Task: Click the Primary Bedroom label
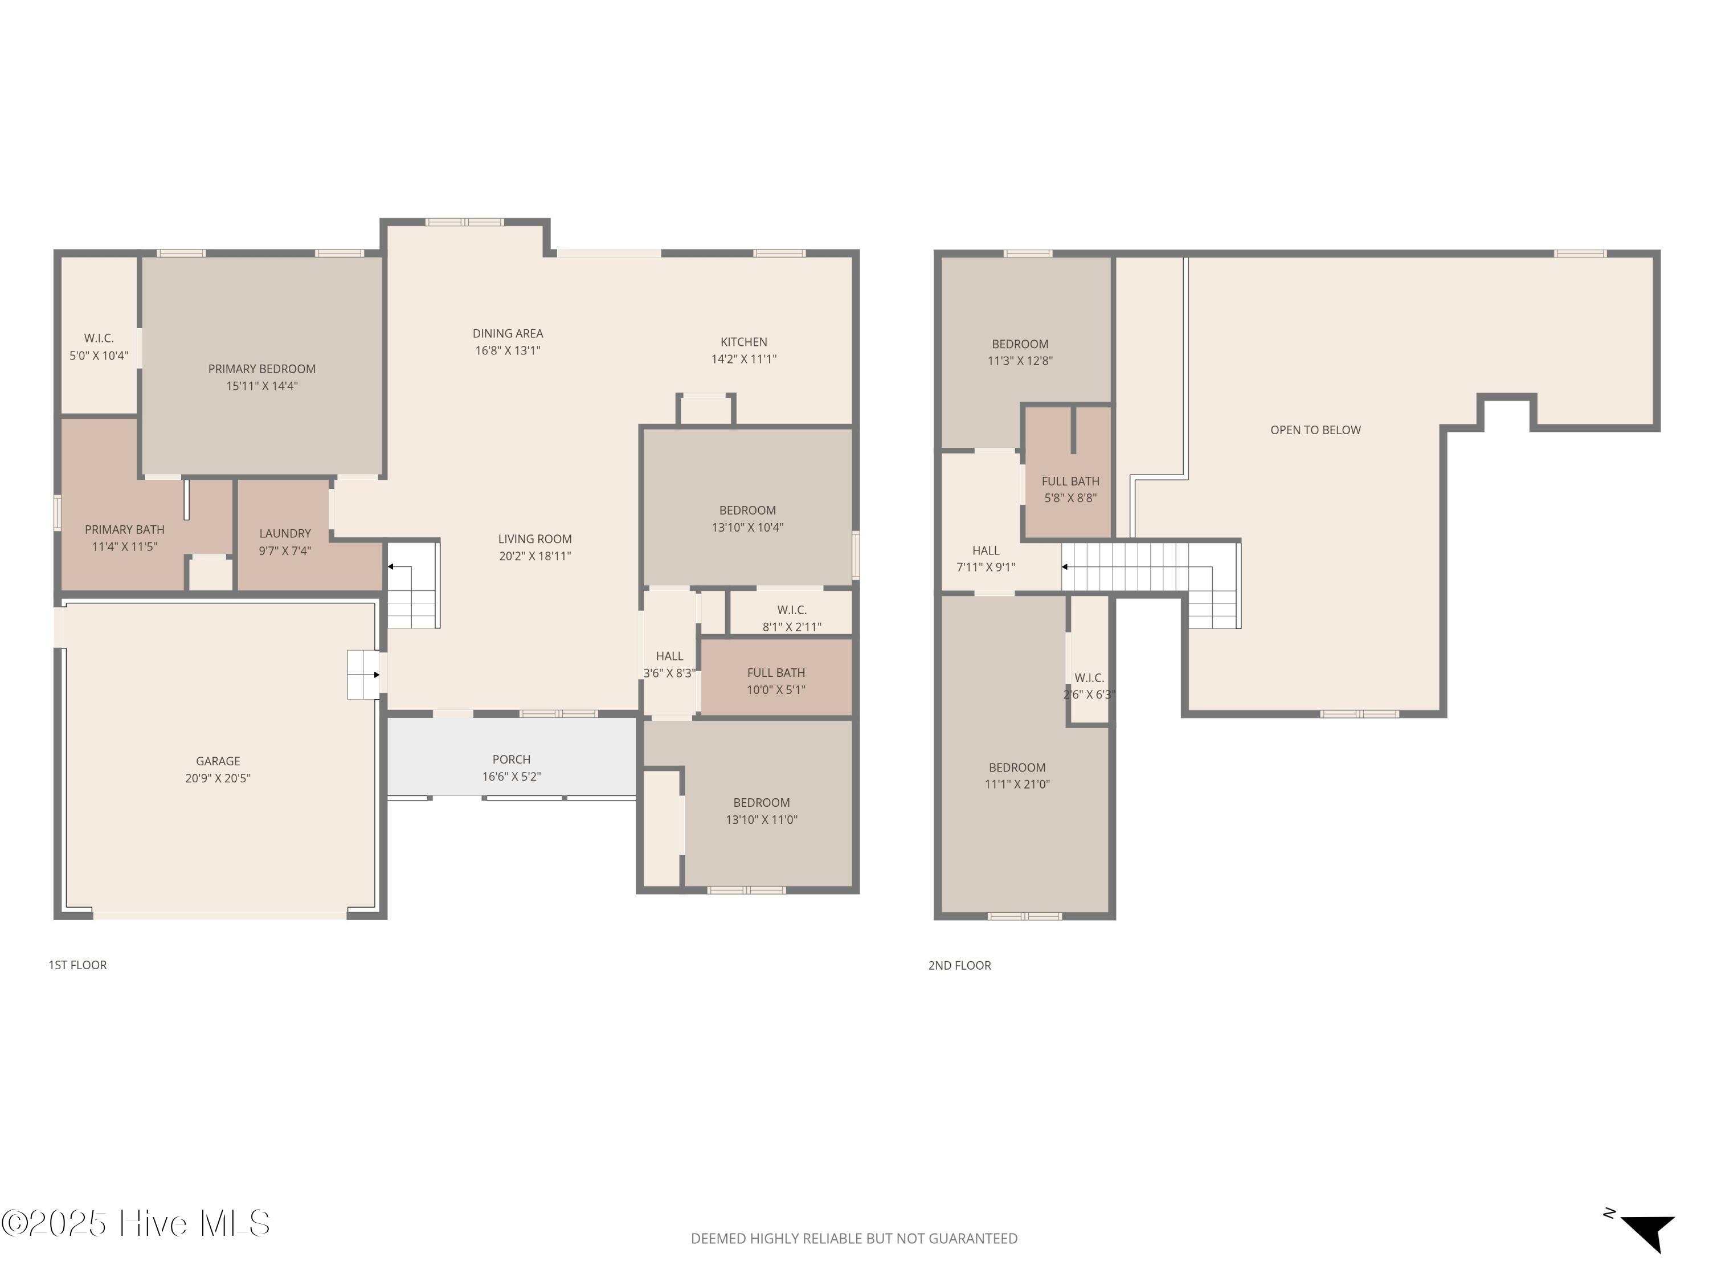point(262,369)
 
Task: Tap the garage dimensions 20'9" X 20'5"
point(218,778)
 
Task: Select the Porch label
point(512,760)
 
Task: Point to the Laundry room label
point(285,533)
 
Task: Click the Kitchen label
point(744,341)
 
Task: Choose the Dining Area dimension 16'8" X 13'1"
point(508,350)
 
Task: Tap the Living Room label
point(535,538)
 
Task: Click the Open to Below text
point(1316,430)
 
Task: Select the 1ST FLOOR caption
point(77,965)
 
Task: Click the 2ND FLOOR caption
point(959,965)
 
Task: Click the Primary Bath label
point(124,529)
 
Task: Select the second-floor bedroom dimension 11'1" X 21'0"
point(1017,783)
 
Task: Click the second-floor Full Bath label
point(1070,481)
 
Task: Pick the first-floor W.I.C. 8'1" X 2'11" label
point(792,618)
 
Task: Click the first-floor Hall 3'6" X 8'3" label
point(669,664)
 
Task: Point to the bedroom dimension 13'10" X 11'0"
point(762,819)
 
